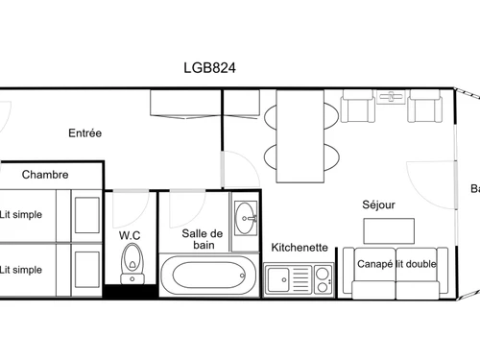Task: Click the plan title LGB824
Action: (x=210, y=68)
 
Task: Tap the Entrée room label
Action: (x=84, y=133)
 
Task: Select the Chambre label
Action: (x=44, y=175)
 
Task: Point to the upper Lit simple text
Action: (x=21, y=215)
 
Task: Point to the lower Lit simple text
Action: (x=21, y=270)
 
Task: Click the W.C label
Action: (x=131, y=235)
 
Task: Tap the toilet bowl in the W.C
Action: (x=131, y=259)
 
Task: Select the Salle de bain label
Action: (x=203, y=239)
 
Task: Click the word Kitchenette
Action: (x=300, y=247)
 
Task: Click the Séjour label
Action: (x=379, y=204)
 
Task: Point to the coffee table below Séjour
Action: (x=389, y=230)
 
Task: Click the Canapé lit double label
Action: (x=397, y=263)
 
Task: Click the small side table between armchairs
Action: (x=392, y=96)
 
